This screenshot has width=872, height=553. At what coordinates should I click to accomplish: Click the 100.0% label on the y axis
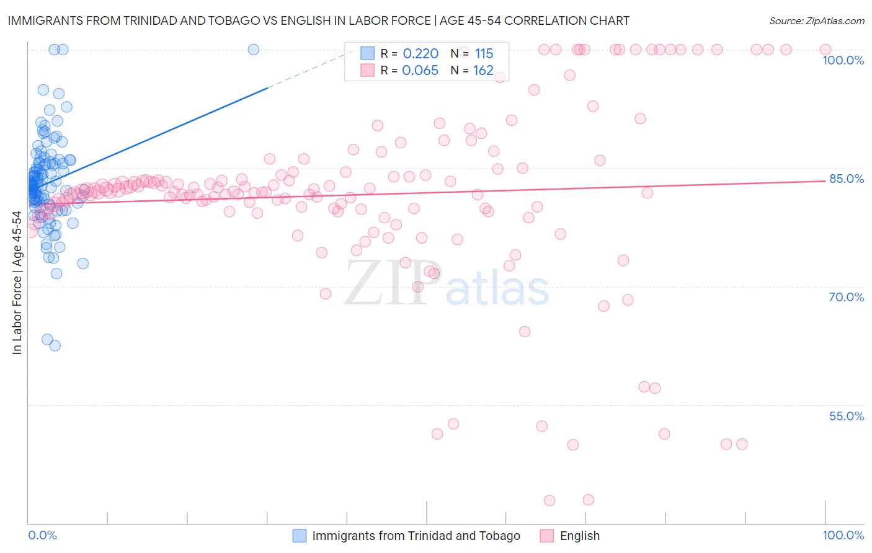pos(843,60)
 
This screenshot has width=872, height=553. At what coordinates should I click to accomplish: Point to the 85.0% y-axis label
pos(847,179)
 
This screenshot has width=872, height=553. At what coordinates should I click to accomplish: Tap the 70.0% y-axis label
pos(847,297)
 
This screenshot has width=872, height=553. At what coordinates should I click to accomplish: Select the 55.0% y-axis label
pos(847,416)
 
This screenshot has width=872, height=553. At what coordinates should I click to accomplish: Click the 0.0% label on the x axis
pos(42,535)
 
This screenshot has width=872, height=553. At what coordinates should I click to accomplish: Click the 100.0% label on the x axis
pos(843,535)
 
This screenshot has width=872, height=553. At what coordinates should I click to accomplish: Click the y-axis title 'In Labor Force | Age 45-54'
pos(17,283)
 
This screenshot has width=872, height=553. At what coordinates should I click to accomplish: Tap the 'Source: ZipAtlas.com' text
pos(816,21)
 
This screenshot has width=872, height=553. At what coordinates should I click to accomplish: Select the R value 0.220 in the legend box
pos(420,54)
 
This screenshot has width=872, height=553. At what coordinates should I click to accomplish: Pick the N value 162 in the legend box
pos(483,71)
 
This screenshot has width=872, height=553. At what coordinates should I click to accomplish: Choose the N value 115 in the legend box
pos(484,54)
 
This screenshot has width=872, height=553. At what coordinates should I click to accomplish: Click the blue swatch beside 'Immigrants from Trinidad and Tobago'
pos(300,536)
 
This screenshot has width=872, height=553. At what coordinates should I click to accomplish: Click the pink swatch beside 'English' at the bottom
pos(546,536)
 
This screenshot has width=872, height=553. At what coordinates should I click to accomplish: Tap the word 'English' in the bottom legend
pos(579,536)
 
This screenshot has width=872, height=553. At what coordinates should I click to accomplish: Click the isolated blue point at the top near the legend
pos(253,50)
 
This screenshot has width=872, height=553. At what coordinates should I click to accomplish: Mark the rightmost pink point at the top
pos(825,50)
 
